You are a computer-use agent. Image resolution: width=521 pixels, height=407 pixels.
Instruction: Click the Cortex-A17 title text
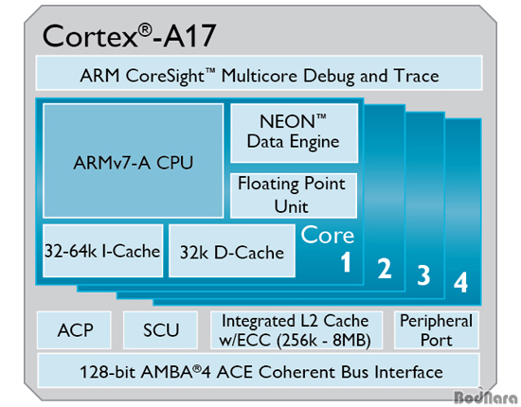pos(130,36)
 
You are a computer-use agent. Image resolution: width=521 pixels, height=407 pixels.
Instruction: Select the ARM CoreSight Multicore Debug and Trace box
pos(259,73)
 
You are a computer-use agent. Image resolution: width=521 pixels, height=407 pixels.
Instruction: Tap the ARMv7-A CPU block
pos(134,161)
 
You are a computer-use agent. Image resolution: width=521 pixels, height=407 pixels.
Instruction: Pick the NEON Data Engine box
pos(294,133)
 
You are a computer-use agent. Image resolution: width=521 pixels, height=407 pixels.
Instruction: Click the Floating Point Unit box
pos(294,196)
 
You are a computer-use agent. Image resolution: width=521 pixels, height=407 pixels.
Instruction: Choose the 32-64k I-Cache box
pos(102,251)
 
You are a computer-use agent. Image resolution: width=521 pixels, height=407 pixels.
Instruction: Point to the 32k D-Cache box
pos(232,251)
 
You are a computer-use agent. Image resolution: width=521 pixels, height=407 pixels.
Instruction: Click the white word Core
pos(328,235)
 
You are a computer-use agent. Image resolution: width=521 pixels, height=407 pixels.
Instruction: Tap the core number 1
pos(346,262)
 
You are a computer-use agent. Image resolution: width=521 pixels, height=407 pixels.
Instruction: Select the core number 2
pos(385,268)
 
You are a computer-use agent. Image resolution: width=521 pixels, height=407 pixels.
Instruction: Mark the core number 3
pos(423,274)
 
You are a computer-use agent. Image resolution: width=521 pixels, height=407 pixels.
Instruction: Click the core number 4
pos(461,282)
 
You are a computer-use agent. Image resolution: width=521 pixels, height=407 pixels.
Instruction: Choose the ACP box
pos(74,330)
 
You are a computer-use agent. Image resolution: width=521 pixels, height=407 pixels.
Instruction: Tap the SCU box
pos(160,330)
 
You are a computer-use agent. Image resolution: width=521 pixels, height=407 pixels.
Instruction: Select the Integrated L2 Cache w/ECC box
pos(296,330)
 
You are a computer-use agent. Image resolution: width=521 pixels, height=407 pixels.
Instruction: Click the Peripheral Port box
pos(437,330)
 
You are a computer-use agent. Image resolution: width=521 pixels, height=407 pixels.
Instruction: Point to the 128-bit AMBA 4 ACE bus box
pos(259,370)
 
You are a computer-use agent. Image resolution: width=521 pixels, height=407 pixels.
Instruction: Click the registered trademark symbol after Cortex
pos(145,30)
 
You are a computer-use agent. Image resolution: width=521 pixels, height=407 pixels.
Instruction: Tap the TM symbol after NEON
pos(321,116)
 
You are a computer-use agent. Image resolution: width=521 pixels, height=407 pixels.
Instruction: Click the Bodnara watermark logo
pos(486,396)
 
